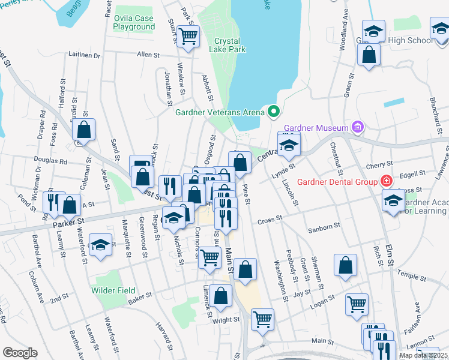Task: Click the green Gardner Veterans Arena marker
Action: point(274,111)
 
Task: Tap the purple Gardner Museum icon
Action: point(359,127)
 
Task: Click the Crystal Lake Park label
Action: point(230,45)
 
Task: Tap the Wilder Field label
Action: point(113,290)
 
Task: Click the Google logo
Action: point(20,352)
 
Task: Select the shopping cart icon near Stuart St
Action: point(188,35)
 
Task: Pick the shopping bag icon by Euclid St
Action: point(84,129)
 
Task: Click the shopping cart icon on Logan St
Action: point(357,304)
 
